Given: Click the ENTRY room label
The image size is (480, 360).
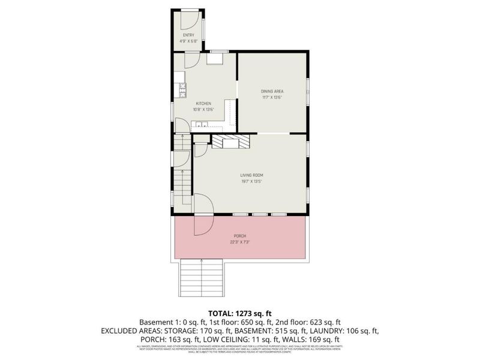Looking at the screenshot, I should (x=188, y=35).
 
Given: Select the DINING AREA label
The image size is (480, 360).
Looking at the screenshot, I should (x=272, y=91).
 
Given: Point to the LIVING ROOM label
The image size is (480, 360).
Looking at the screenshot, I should (x=253, y=175).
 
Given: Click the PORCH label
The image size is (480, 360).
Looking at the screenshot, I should (x=241, y=236).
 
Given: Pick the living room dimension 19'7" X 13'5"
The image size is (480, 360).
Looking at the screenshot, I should (x=253, y=181).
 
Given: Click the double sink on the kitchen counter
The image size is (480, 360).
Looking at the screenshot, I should (x=200, y=125).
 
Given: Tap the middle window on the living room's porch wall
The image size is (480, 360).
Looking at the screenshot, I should (x=260, y=214).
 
